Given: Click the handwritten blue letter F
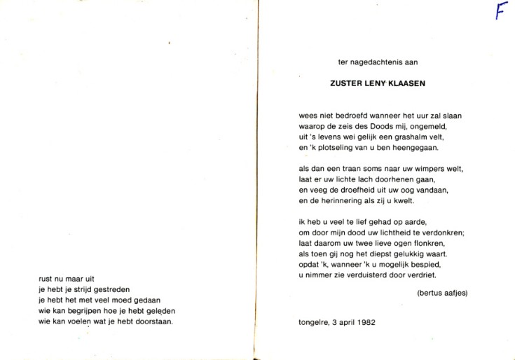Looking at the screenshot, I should coord(500,12).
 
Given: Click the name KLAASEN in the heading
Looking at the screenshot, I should coord(407,82).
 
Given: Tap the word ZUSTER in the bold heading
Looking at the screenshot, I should coord(345,82).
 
